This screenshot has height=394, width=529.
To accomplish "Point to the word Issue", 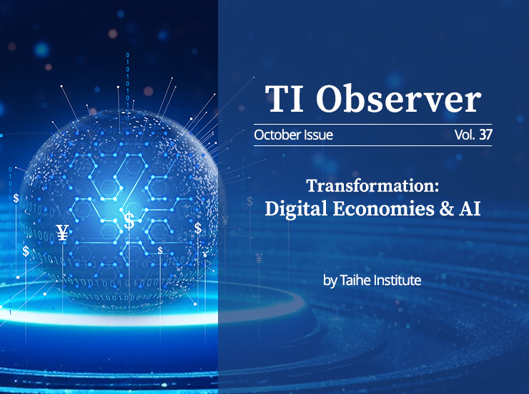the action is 319,135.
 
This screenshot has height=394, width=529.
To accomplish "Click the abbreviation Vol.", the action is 465,135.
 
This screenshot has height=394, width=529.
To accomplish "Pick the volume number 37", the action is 485,135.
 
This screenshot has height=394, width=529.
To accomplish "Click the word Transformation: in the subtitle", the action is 372,186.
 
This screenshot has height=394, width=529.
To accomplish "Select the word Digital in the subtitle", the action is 296,208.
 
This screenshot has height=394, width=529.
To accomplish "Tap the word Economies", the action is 384,208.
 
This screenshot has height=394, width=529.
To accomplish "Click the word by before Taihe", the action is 330,281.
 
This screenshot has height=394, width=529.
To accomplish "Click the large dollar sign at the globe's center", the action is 129,220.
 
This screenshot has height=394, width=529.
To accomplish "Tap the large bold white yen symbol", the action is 62,233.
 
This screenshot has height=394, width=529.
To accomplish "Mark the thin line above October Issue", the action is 372,125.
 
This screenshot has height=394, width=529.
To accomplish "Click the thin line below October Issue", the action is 372,145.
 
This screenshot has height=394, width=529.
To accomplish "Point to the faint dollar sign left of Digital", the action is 249,201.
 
